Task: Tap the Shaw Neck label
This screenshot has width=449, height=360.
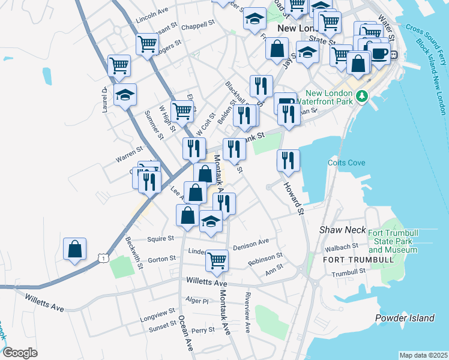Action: click(x=334, y=230)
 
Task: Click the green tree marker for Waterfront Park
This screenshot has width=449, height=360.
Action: click(x=361, y=96)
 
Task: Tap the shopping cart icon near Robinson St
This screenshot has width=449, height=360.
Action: click(x=217, y=260)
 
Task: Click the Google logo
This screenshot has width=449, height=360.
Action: click(x=19, y=353)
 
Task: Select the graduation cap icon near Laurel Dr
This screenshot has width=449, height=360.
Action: click(x=125, y=95)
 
